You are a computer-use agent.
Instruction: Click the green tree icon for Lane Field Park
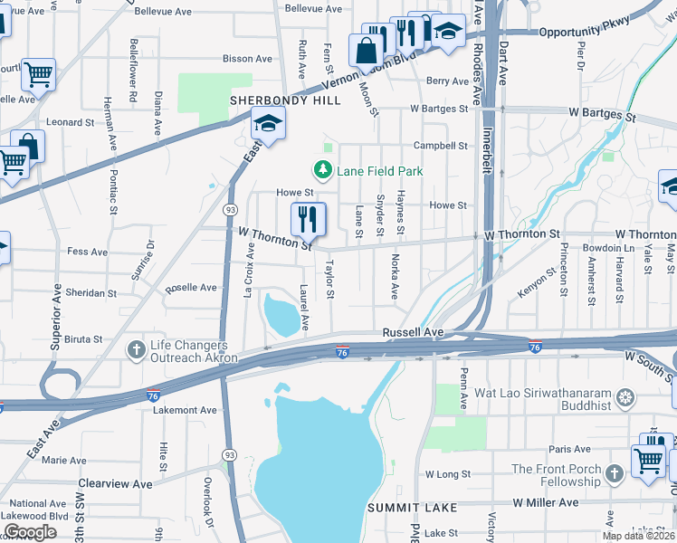[x=321, y=169]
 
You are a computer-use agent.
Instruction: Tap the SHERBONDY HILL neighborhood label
[x=285, y=100]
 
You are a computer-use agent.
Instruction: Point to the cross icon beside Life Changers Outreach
[x=137, y=350]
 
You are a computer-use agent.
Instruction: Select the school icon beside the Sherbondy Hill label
[x=268, y=124]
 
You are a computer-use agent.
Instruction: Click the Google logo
[x=30, y=532]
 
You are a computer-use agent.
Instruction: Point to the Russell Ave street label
[x=413, y=333]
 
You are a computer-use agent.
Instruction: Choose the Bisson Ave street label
[x=247, y=59]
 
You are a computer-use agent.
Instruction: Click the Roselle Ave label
[x=190, y=288]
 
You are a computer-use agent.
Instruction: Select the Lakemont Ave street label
[x=186, y=410]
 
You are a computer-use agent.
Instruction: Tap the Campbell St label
[x=440, y=146]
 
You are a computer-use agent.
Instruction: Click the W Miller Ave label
[x=546, y=501]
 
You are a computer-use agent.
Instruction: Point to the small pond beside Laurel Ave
[x=279, y=315]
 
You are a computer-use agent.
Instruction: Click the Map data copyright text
[x=639, y=536]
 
